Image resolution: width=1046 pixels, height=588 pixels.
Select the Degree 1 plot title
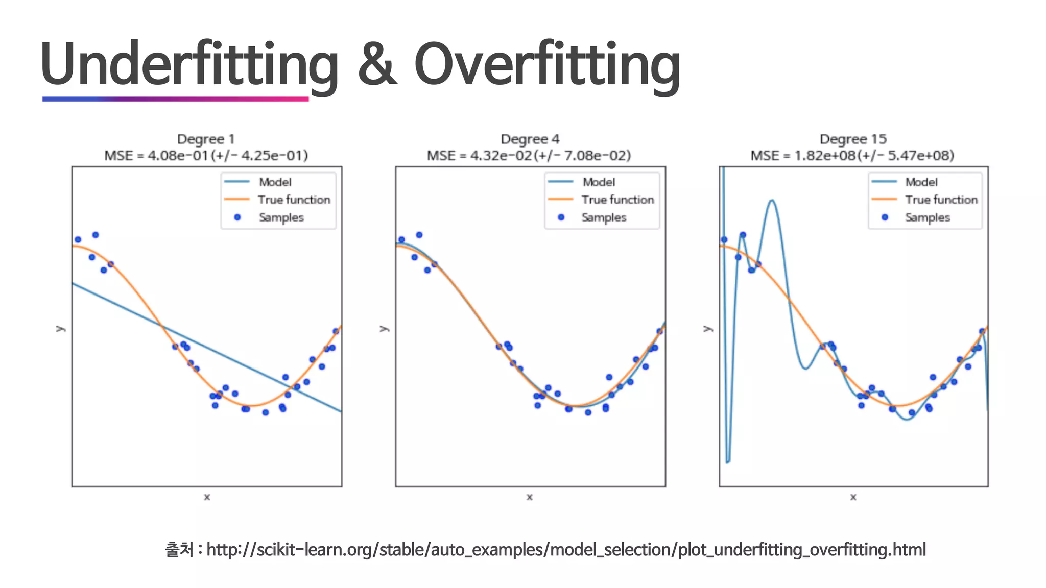pyautogui.click(x=206, y=139)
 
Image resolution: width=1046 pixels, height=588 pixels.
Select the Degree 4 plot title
pyautogui.click(x=530, y=139)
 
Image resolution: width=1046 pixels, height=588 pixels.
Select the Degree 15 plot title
pyautogui.click(x=853, y=139)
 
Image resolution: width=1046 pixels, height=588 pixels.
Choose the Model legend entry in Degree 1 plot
pyautogui.click(x=275, y=182)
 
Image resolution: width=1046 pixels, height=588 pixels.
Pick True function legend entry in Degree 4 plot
pyautogui.click(x=617, y=200)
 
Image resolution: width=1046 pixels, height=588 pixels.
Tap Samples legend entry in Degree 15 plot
pyautogui.click(x=927, y=217)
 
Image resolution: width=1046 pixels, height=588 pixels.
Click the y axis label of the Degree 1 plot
pyautogui.click(x=60, y=328)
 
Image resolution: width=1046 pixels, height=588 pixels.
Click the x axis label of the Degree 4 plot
pyautogui.click(x=530, y=497)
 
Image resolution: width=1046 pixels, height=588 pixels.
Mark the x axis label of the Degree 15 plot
pyautogui.click(x=853, y=497)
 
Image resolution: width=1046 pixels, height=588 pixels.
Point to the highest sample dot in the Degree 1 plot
pyautogui.click(x=96, y=235)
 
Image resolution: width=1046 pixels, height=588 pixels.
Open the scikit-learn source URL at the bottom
pyautogui.click(x=565, y=550)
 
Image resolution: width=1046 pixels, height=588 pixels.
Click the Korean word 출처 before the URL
pyautogui.click(x=179, y=550)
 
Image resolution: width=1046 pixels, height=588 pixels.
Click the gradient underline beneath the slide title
pyautogui.click(x=175, y=99)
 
